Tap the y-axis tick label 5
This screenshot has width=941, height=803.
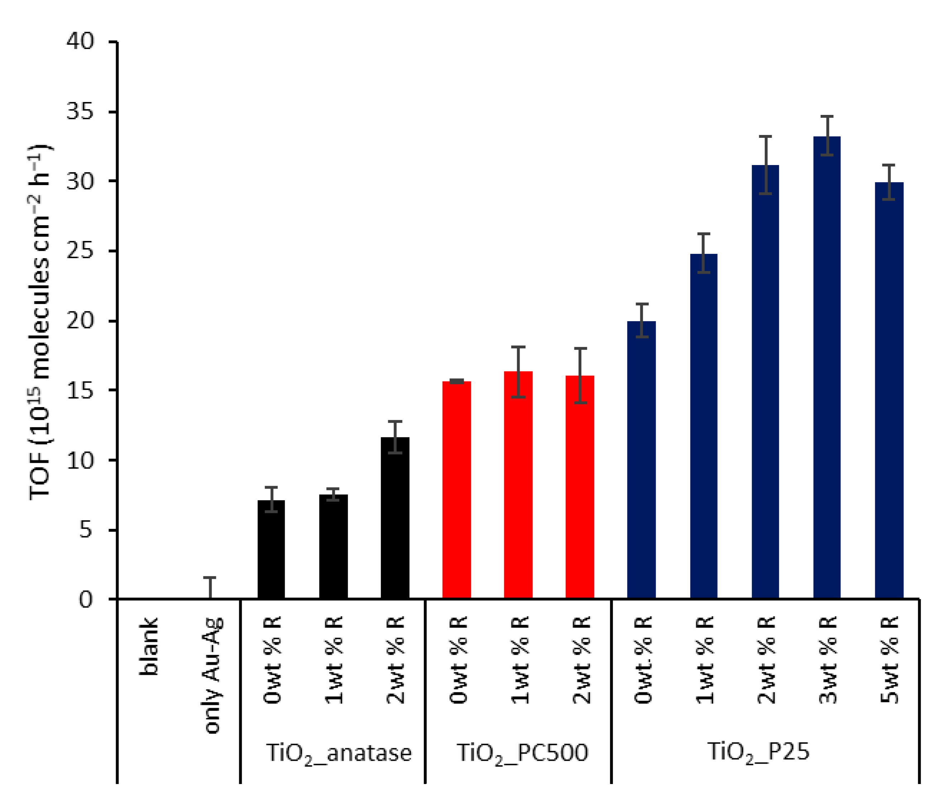(x=86, y=529)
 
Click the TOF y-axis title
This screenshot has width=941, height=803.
(x=40, y=323)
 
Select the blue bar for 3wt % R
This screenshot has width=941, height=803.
(x=826, y=368)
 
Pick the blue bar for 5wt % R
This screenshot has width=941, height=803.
(x=889, y=391)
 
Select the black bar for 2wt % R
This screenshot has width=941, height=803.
(x=395, y=518)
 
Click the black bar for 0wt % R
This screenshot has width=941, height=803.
(x=271, y=550)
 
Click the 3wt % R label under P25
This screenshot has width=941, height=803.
(x=827, y=660)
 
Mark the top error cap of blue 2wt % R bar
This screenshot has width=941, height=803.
(x=765, y=136)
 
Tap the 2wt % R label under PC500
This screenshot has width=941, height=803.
(x=581, y=660)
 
